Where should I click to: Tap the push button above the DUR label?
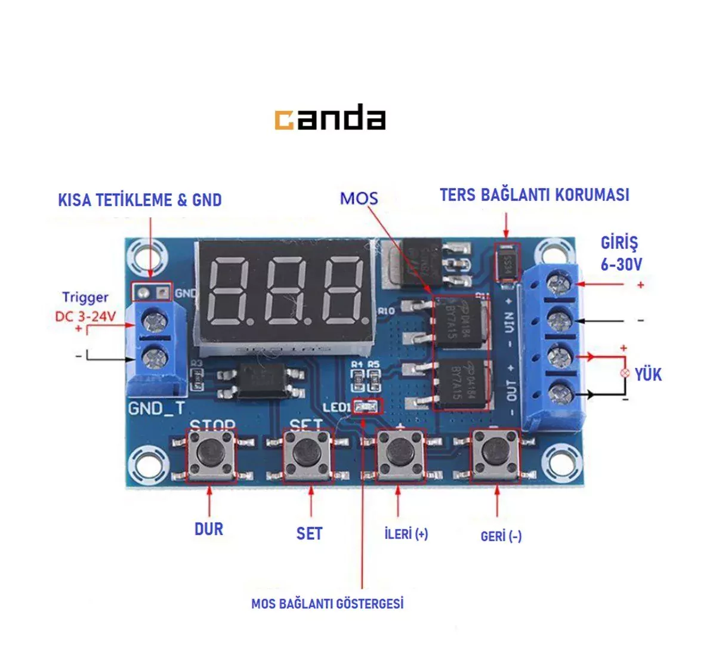coord(210,455)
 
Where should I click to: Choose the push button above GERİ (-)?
coord(495,455)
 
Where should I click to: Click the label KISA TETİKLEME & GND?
coord(140,200)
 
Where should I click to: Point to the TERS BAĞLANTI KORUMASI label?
coord(534,195)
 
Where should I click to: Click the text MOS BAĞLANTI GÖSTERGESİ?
coord(327,604)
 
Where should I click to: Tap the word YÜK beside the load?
coord(648,375)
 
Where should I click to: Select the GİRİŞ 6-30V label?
coord(621,254)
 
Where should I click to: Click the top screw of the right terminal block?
coord(558,283)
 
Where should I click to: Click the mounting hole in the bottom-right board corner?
coord(562,463)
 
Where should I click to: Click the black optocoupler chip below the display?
coord(263,380)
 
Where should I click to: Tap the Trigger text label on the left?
coord(85,297)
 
